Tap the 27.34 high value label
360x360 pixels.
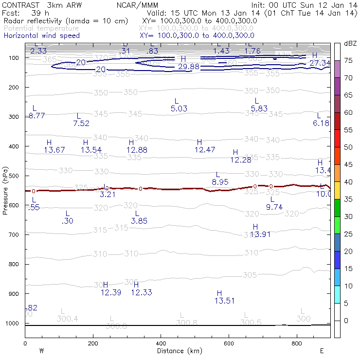tap(320, 63)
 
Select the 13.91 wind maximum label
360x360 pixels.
tap(260, 234)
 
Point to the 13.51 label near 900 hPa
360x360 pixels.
tap(224, 301)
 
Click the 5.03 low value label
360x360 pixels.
tap(179, 108)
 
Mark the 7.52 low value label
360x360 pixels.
tap(81, 123)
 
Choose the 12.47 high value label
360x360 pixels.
tap(204, 149)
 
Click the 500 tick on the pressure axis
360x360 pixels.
tap(15, 176)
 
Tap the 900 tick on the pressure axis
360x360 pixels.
tap(15, 294)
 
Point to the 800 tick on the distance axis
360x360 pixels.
tap(297, 344)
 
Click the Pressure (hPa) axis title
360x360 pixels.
tap(5, 190)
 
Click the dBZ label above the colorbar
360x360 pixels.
tap(350, 43)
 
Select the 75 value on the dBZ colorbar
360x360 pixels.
tap(348, 60)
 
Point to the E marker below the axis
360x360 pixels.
tap(322, 351)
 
